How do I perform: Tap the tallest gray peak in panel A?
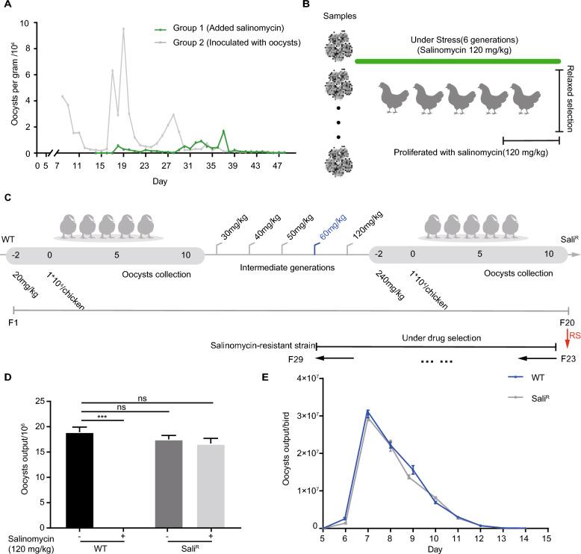(x=123, y=28)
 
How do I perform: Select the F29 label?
(x=299, y=359)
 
